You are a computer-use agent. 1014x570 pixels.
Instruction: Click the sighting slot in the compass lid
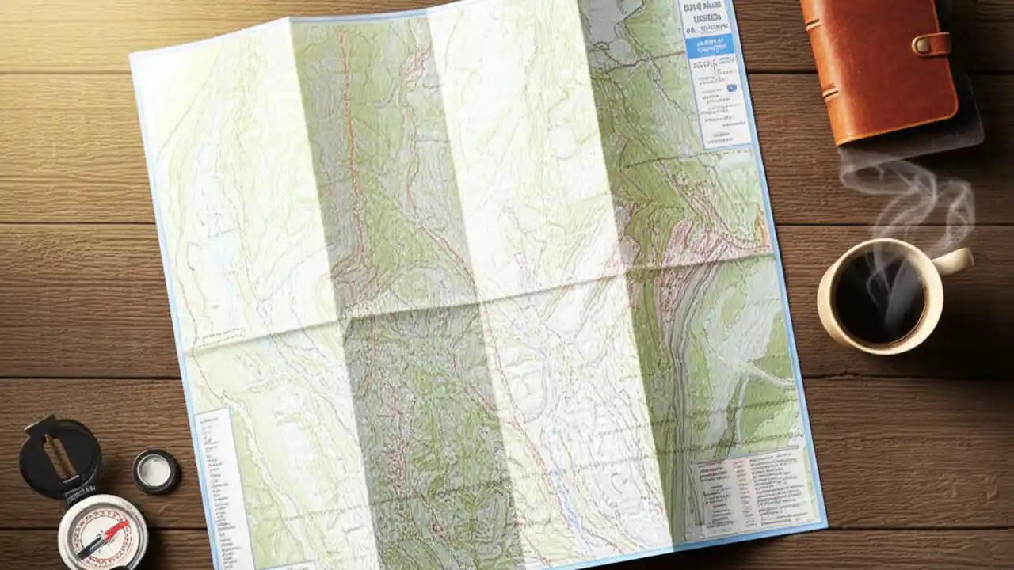58,458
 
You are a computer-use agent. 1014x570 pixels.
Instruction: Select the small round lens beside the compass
155,472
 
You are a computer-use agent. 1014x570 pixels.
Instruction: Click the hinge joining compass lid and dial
82,494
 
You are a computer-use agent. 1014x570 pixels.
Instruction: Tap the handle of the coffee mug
955,262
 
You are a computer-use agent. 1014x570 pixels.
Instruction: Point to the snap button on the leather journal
923,44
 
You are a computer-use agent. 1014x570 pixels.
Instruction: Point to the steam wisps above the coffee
911,198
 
